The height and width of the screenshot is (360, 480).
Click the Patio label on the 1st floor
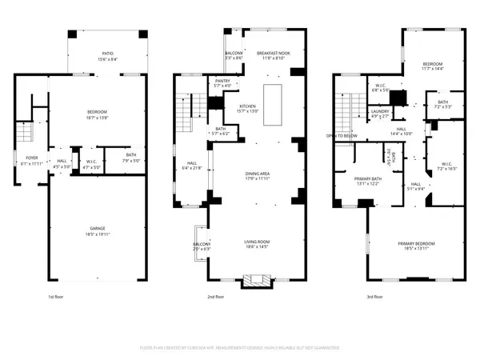click(106, 54)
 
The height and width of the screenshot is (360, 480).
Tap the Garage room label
click(98, 229)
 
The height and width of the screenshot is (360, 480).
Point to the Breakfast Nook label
click(273, 53)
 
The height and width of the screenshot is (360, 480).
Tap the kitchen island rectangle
click(273, 103)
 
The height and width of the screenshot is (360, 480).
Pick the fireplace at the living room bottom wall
click(257, 280)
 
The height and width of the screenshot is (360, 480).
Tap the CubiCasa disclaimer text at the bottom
click(240, 349)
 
